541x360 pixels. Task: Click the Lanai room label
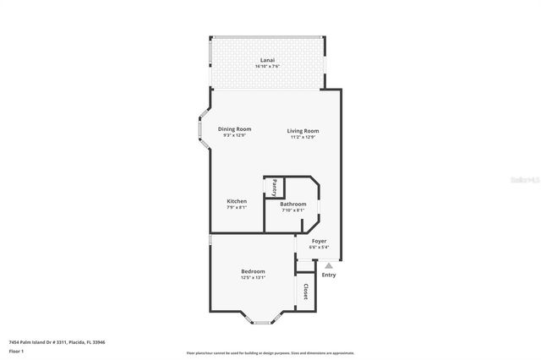[x=266, y=59]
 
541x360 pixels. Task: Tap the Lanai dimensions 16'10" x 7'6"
[x=266, y=66]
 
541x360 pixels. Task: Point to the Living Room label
[x=302, y=130]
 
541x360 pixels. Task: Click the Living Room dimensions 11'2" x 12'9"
[x=302, y=137]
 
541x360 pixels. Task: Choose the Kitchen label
[x=237, y=201]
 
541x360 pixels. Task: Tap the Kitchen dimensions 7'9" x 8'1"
[x=237, y=208]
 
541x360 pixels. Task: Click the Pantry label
[x=274, y=187]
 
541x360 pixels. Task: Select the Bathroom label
[x=292, y=204]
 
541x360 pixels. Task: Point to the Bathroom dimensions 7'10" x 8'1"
[x=292, y=210]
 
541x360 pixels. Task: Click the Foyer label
[x=319, y=241]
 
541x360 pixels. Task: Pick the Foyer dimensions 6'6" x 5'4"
[x=319, y=248]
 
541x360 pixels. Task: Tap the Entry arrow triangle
[x=329, y=265]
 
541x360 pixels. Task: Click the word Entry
[x=329, y=275]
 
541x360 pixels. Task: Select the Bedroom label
[x=253, y=270]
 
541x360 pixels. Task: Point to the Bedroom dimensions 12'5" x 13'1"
[x=253, y=277]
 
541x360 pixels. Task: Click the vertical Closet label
[x=305, y=292]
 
